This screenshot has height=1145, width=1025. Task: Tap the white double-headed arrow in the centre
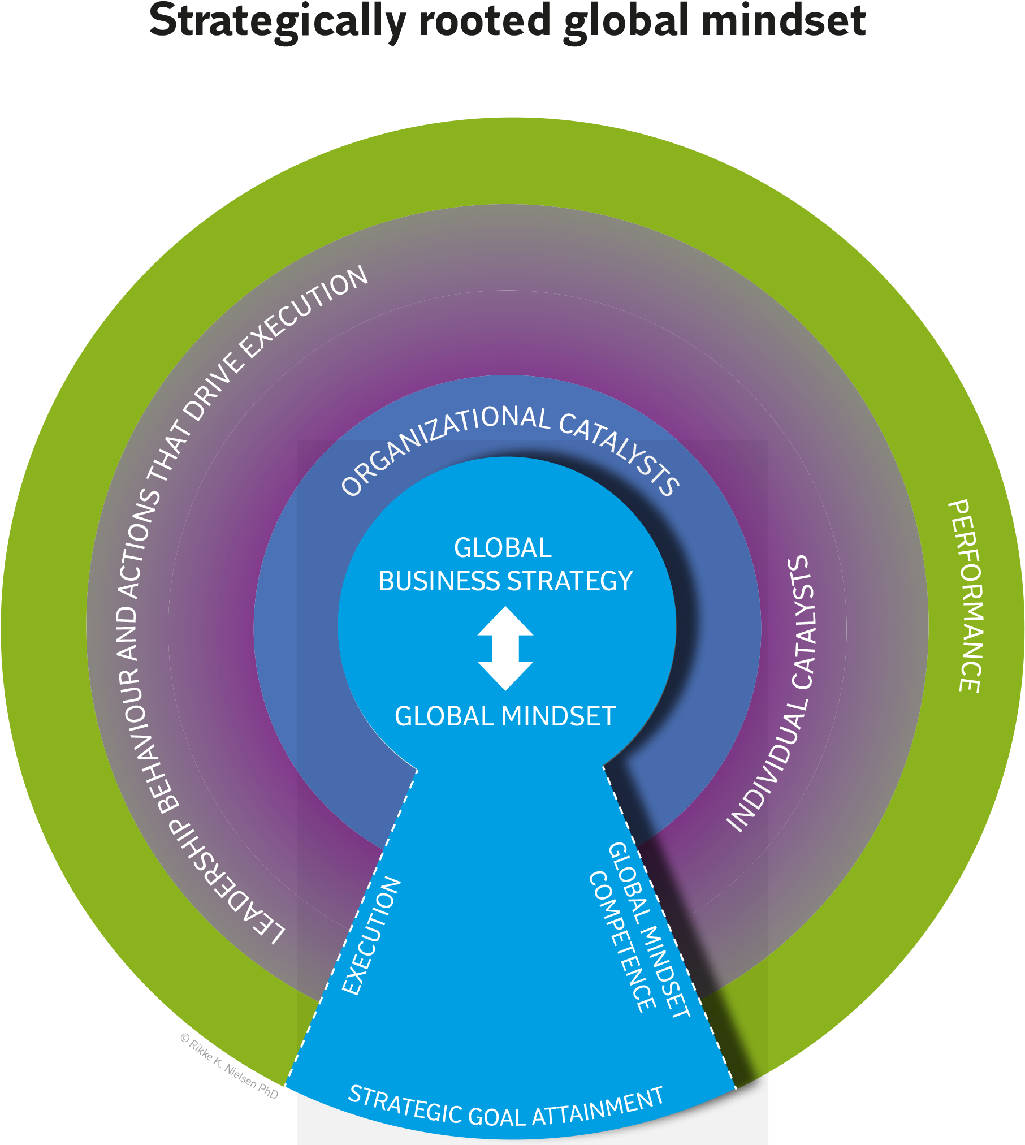click(x=505, y=649)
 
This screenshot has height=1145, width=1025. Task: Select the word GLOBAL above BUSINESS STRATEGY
click(x=503, y=548)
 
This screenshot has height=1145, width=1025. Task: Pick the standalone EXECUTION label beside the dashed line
click(x=371, y=936)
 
